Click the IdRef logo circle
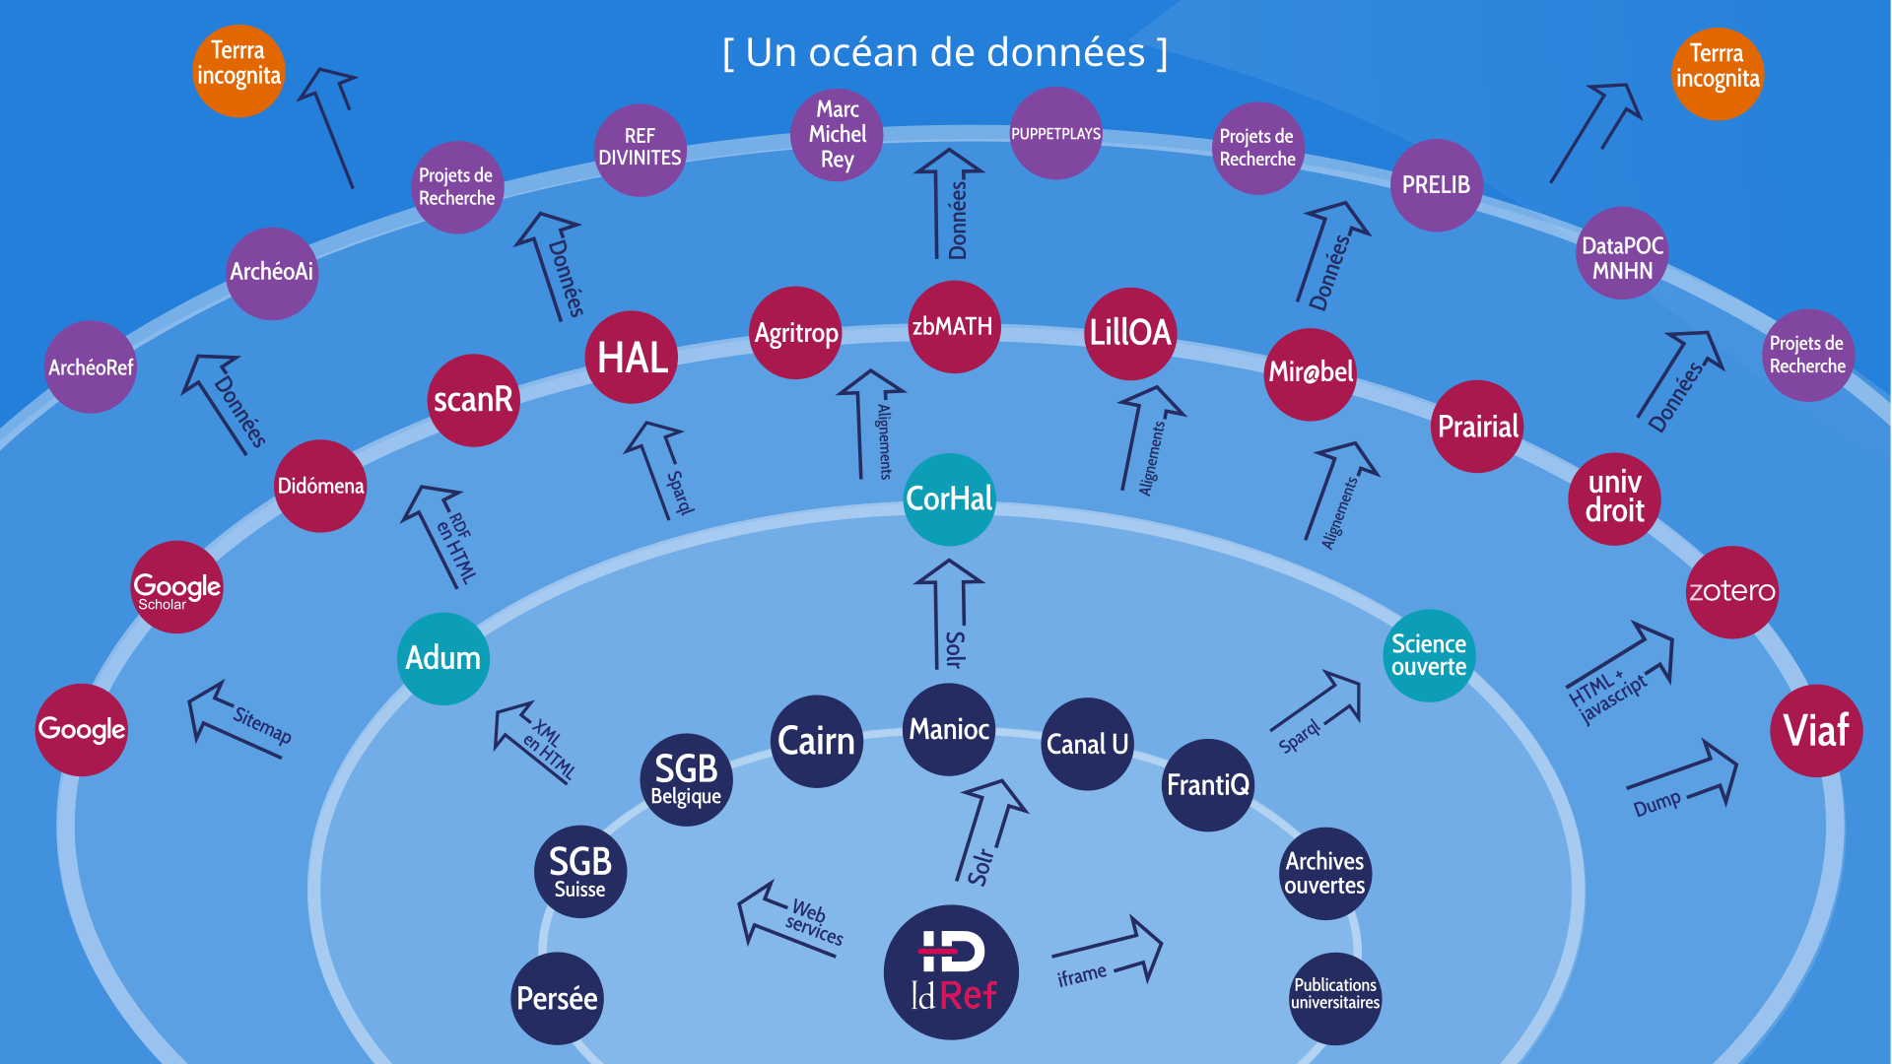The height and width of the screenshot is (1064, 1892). click(951, 971)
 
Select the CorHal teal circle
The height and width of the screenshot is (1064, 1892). click(949, 499)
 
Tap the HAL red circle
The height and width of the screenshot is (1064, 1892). click(631, 357)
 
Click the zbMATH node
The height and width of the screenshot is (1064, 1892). click(953, 326)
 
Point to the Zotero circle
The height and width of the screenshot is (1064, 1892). click(1731, 591)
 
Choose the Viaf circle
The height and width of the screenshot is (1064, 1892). click(1816, 730)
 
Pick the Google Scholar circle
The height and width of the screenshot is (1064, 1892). click(177, 587)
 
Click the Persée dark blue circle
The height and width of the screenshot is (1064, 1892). click(557, 998)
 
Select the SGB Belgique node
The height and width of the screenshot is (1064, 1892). click(686, 779)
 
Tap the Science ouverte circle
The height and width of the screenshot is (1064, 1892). click(1429, 655)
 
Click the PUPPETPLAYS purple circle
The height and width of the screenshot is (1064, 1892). click(1055, 133)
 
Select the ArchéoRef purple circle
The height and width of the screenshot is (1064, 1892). click(91, 366)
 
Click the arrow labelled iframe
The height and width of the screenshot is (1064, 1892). click(1109, 951)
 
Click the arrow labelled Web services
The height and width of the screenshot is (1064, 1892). click(788, 914)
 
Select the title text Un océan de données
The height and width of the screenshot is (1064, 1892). click(945, 52)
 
